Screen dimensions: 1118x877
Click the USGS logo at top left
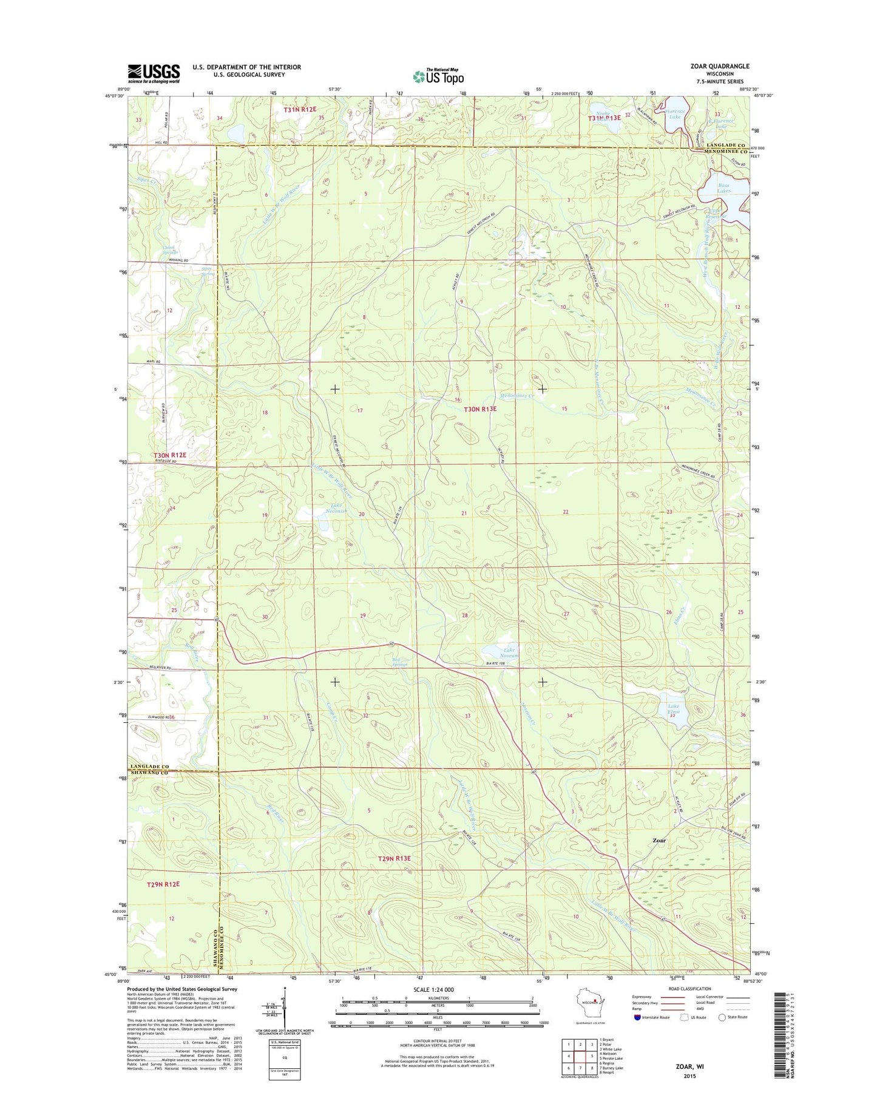click(154, 73)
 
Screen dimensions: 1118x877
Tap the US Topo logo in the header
click(438, 76)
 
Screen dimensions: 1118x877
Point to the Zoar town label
click(659, 841)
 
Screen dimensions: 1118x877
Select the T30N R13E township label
click(480, 409)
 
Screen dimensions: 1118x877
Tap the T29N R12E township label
click(163, 885)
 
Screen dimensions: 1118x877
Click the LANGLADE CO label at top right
click(725, 145)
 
